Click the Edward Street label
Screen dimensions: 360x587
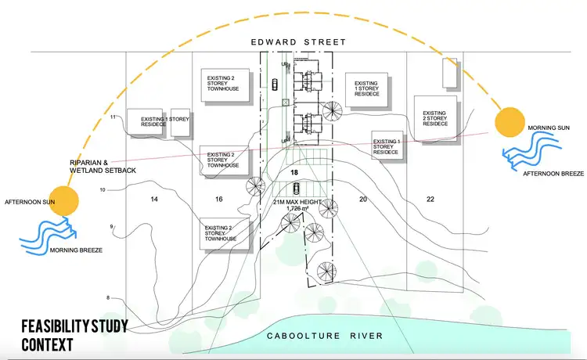pyautogui.click(x=293, y=41)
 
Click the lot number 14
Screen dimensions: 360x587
pyautogui.click(x=153, y=200)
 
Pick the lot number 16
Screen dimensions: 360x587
pyautogui.click(x=219, y=200)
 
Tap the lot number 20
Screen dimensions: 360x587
pyautogui.click(x=362, y=200)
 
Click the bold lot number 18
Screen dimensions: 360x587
pyautogui.click(x=295, y=171)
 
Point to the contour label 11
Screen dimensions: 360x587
pyautogui.click(x=113, y=117)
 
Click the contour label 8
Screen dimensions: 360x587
pyautogui.click(x=108, y=297)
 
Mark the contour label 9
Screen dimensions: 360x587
pyautogui.click(x=112, y=227)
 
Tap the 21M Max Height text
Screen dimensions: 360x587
pyautogui.click(x=294, y=201)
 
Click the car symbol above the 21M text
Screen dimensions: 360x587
pyautogui.click(x=295, y=188)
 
